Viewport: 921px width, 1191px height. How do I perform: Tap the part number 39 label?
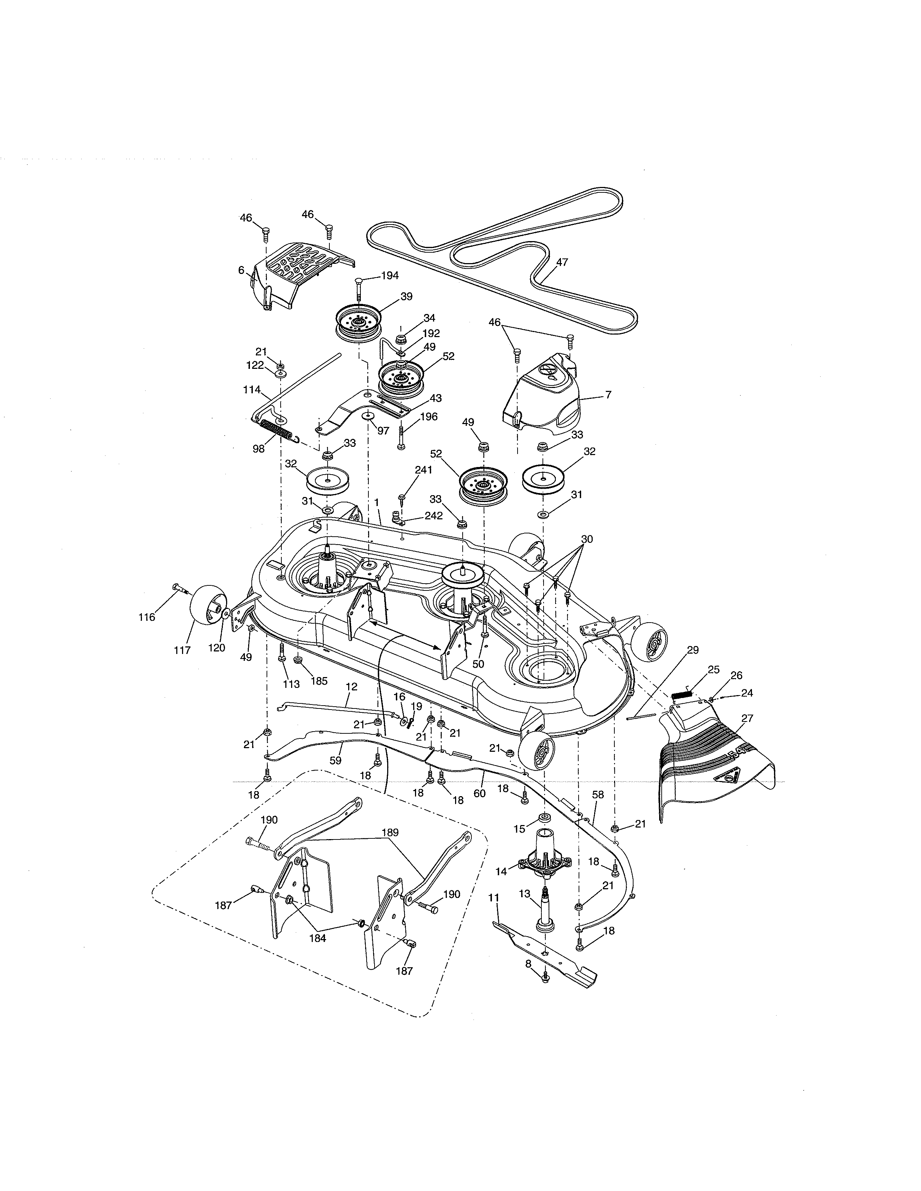coord(406,297)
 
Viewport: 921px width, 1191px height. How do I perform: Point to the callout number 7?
coord(608,395)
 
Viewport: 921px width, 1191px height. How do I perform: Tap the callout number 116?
coord(146,617)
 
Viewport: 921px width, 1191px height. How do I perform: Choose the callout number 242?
coord(433,515)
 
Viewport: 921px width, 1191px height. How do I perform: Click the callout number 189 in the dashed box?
coord(390,833)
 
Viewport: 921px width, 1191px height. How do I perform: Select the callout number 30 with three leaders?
coord(587,539)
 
